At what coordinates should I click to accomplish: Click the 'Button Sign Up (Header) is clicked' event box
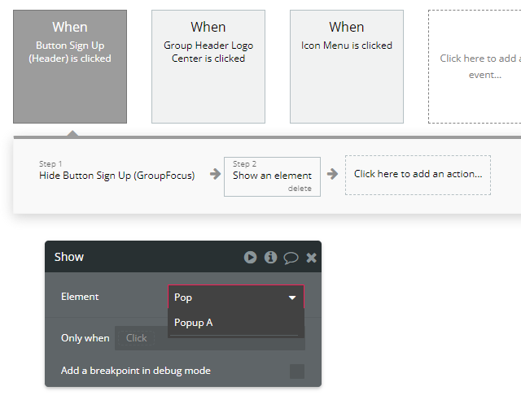click(x=70, y=67)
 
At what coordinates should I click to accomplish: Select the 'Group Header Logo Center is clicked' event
click(x=208, y=67)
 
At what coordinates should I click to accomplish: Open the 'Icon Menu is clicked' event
click(x=347, y=67)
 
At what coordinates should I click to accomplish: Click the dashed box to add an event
click(x=475, y=67)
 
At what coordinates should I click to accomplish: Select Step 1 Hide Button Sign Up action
click(x=116, y=172)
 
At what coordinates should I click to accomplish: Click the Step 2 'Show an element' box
click(x=272, y=176)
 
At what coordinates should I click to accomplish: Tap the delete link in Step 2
click(x=300, y=189)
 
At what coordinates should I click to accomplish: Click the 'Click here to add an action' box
click(x=418, y=175)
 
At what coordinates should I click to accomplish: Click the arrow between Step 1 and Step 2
click(x=215, y=174)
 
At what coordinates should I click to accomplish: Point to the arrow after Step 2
click(x=332, y=174)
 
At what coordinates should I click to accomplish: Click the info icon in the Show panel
click(x=270, y=257)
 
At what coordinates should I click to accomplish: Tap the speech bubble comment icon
click(x=291, y=258)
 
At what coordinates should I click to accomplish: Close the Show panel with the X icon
click(x=311, y=258)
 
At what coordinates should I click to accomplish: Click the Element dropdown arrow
click(x=292, y=298)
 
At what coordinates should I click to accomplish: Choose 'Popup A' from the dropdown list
click(x=194, y=323)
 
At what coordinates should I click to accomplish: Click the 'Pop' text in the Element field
click(x=183, y=298)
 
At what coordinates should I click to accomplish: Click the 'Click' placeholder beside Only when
click(x=136, y=338)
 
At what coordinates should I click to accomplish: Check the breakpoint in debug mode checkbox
click(x=297, y=371)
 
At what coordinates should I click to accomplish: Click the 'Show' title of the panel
click(x=69, y=257)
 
